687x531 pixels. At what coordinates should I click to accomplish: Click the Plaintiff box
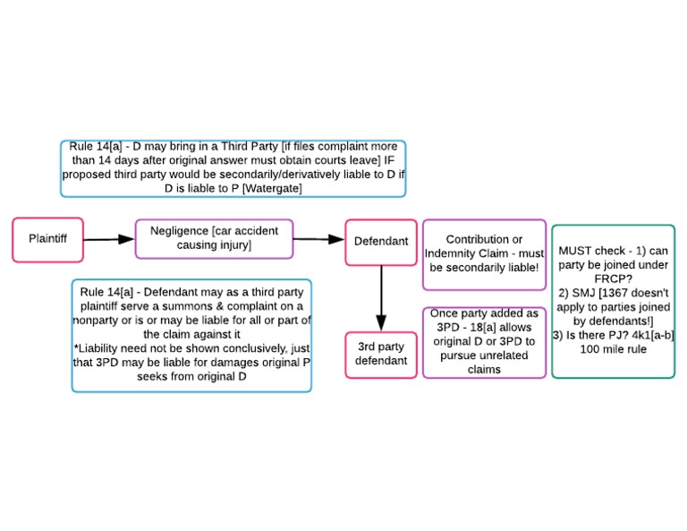[x=47, y=239]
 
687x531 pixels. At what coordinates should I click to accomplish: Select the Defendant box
[x=381, y=242]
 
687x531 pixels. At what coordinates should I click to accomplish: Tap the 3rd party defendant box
[x=381, y=354]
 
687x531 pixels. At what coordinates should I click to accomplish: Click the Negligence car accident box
[x=214, y=238]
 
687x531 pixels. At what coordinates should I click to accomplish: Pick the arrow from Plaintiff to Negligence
[x=108, y=239]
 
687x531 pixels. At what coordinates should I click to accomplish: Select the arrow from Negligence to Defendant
[x=318, y=239]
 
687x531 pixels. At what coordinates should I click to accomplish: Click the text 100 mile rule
[x=613, y=349]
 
